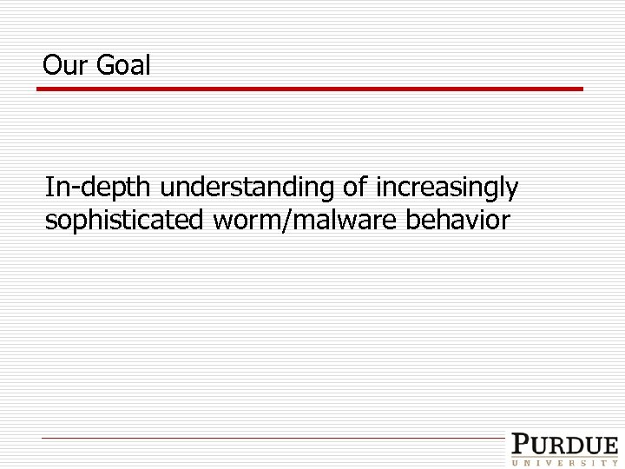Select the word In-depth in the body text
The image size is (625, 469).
(99, 188)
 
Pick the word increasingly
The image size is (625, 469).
(446, 188)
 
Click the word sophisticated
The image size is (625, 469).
(123, 221)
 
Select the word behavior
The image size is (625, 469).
(457, 221)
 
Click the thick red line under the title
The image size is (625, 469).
(312, 89)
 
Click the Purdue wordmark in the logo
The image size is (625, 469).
(564, 446)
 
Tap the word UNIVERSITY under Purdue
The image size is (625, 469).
(564, 462)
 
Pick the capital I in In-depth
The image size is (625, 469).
(49, 187)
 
